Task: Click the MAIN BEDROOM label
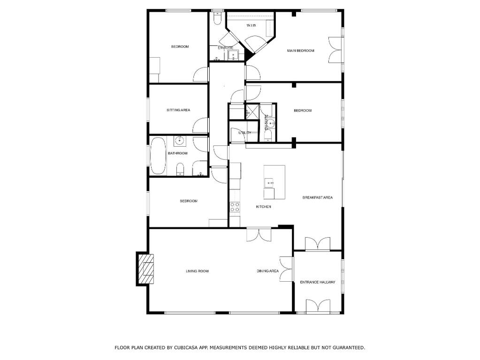pyautogui.click(x=300, y=51)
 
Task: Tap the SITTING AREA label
pyautogui.click(x=178, y=110)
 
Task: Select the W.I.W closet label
pyautogui.click(x=251, y=25)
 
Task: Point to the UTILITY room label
pyautogui.click(x=244, y=133)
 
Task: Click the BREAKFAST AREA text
pyautogui.click(x=317, y=198)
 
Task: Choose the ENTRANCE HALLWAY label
pyautogui.click(x=318, y=282)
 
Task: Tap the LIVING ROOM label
pyautogui.click(x=197, y=271)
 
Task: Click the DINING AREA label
pyautogui.click(x=267, y=271)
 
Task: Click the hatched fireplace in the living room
pyautogui.click(x=145, y=269)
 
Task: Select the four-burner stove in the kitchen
pyautogui.click(x=235, y=207)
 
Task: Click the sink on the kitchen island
pyautogui.click(x=269, y=183)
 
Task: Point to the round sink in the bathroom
pyautogui.click(x=180, y=141)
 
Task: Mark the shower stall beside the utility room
pyautogui.click(x=252, y=111)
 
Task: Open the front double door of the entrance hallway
pyautogui.click(x=318, y=306)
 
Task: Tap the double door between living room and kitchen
pyautogui.click(x=259, y=235)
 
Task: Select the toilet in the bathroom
pyautogui.click(x=180, y=170)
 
